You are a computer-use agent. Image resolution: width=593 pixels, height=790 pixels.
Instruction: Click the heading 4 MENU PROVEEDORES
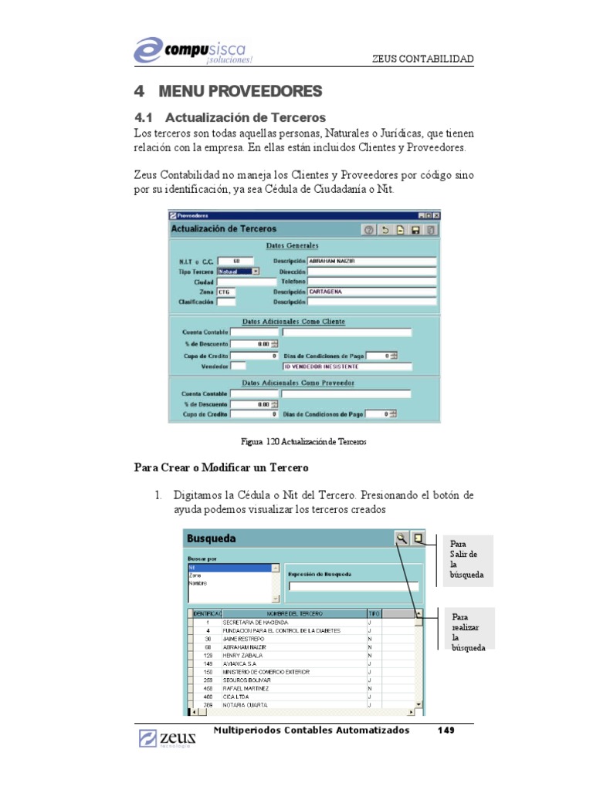pyautogui.click(x=228, y=92)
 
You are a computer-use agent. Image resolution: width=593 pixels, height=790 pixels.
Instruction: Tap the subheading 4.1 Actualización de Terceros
pyautogui.click(x=229, y=118)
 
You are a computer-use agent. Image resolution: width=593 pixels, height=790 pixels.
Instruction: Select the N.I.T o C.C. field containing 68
pyautogui.click(x=236, y=261)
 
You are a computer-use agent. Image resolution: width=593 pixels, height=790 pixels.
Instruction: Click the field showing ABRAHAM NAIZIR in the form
pyautogui.click(x=371, y=261)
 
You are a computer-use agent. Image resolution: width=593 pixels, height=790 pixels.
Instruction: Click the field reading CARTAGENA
pyautogui.click(x=371, y=292)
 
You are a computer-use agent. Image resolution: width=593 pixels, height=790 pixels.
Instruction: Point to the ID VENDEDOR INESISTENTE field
pyautogui.click(x=347, y=366)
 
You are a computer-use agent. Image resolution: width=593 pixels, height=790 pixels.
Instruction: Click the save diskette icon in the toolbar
pyautogui.click(x=415, y=230)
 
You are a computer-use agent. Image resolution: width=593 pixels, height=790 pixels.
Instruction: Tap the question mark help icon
pyautogui.click(x=369, y=230)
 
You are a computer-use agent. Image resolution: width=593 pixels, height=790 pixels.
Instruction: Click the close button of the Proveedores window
pyautogui.click(x=436, y=215)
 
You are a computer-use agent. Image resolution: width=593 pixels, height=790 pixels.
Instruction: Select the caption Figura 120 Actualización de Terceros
pyautogui.click(x=303, y=442)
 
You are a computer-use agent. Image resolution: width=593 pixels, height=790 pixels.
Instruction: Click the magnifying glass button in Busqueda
pyautogui.click(x=401, y=539)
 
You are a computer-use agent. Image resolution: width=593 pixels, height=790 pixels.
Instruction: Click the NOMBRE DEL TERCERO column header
pyautogui.click(x=293, y=613)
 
